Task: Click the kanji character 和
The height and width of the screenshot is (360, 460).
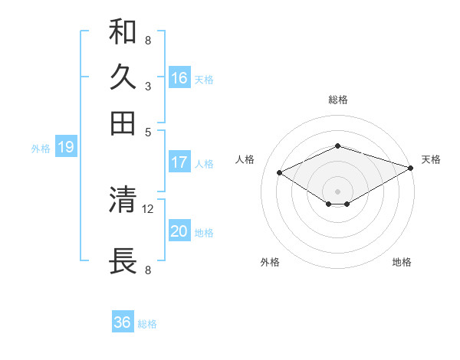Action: pyautogui.click(x=123, y=33)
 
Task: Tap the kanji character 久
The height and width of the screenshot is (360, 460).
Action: pyautogui.click(x=123, y=77)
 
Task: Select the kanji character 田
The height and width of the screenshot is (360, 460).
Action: pyautogui.click(x=123, y=122)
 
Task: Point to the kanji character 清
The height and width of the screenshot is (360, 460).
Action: pyautogui.click(x=123, y=201)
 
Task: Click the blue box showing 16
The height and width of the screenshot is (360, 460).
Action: pyautogui.click(x=179, y=78)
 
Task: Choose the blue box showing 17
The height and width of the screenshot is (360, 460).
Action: pyautogui.click(x=179, y=162)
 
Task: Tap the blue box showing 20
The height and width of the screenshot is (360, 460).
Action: pyautogui.click(x=179, y=231)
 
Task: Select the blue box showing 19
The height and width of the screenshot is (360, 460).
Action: pyautogui.click(x=66, y=148)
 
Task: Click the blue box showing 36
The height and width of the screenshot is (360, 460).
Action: pyautogui.click(x=123, y=322)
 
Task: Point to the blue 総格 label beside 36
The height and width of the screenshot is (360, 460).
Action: pyautogui.click(x=147, y=324)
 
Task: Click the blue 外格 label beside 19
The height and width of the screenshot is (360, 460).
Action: pyautogui.click(x=41, y=149)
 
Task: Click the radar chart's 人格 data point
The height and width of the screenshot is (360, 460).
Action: pyautogui.click(x=280, y=173)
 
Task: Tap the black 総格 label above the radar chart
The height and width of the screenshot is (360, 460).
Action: pyautogui.click(x=338, y=100)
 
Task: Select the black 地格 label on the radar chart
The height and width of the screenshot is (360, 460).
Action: pyautogui.click(x=402, y=262)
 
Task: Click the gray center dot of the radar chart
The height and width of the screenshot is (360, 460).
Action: pyautogui.click(x=338, y=190)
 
